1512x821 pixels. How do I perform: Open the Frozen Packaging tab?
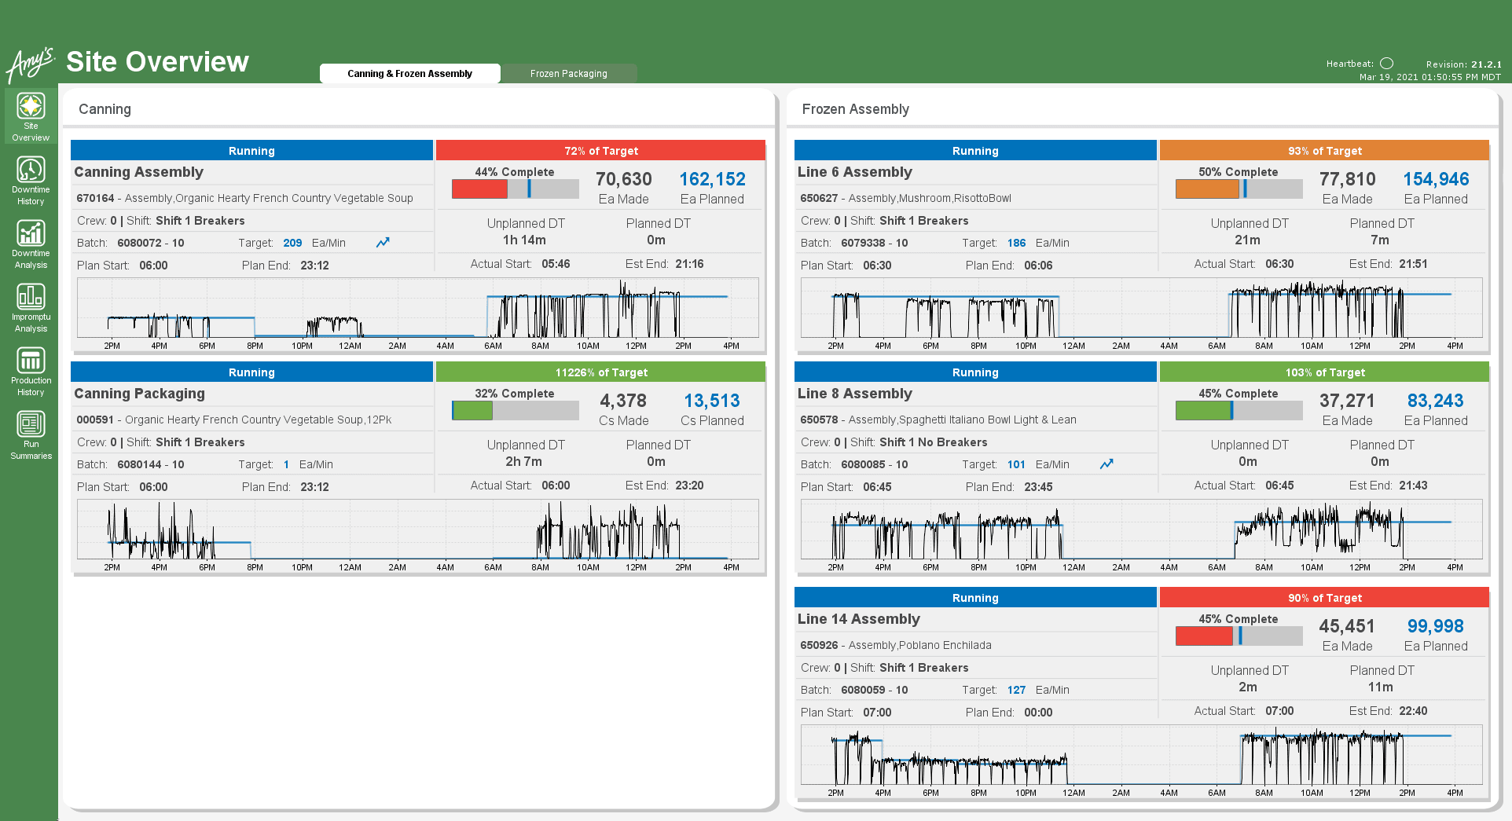point(568,74)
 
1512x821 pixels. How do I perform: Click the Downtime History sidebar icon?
point(31,170)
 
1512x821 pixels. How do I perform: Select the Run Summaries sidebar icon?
point(31,425)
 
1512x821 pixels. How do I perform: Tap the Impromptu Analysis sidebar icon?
point(31,298)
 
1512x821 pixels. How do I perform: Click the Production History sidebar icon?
point(31,361)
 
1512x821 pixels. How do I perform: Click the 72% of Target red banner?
point(600,151)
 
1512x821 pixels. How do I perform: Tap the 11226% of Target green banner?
point(600,372)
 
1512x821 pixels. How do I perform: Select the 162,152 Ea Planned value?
point(712,180)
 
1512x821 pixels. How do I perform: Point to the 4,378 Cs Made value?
point(623,401)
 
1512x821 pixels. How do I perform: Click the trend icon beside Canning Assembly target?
point(383,243)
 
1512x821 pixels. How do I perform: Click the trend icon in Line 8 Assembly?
point(1106,464)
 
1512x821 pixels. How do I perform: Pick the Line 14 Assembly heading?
point(858,619)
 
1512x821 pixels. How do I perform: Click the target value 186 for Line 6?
point(1016,244)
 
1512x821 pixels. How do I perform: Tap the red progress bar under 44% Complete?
point(480,189)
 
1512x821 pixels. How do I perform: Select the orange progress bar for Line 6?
point(1206,189)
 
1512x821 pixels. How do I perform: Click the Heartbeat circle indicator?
point(1387,64)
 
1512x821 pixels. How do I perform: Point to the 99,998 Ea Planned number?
point(1435,627)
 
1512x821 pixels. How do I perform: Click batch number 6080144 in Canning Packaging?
point(139,465)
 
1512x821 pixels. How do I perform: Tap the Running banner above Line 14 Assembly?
point(974,598)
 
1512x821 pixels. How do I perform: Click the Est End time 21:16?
point(689,264)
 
